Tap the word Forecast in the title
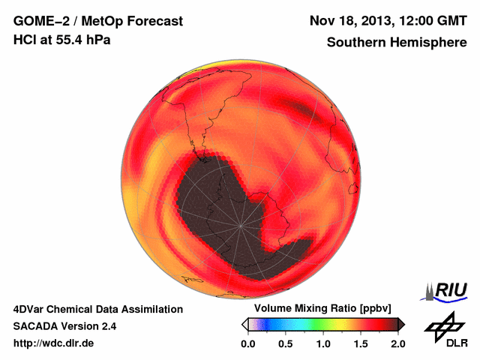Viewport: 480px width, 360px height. pos(154,21)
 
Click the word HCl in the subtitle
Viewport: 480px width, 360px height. pos(25,40)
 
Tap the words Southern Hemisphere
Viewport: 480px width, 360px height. pos(396,43)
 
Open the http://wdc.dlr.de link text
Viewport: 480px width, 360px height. pos(54,343)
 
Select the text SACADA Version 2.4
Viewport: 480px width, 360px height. pos(64,326)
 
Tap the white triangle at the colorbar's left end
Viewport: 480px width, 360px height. pos(244,324)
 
